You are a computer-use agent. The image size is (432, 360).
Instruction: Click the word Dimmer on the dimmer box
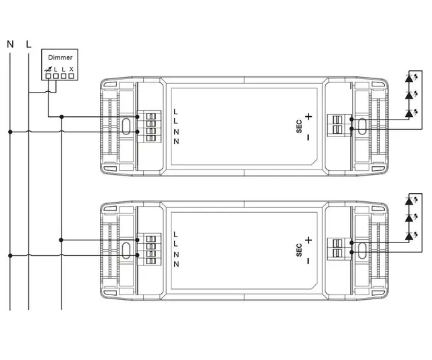click(x=59, y=58)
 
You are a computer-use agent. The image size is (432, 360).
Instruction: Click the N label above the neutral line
click(x=10, y=45)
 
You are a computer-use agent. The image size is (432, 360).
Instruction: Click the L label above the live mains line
click(x=28, y=45)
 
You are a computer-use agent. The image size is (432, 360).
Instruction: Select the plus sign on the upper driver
click(x=308, y=117)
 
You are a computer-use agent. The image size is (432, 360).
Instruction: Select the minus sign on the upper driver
click(x=308, y=137)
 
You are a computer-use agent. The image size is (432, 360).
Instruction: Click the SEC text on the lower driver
click(x=299, y=250)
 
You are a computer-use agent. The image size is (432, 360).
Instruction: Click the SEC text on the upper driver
click(x=299, y=127)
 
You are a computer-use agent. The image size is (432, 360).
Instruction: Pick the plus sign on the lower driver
click(x=308, y=240)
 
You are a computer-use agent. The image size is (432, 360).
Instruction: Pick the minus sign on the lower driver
click(x=308, y=260)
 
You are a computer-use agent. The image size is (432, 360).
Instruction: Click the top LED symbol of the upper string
click(x=408, y=78)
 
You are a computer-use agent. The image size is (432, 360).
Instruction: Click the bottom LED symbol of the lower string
click(x=408, y=236)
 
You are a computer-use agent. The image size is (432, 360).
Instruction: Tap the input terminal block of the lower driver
click(x=151, y=251)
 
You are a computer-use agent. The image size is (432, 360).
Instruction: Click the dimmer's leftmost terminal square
click(x=49, y=76)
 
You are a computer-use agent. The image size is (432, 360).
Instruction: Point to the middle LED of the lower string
click(x=408, y=219)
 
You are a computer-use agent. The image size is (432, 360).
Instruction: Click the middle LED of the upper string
click(x=408, y=96)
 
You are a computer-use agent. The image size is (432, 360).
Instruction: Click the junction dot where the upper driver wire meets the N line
click(x=10, y=131)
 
